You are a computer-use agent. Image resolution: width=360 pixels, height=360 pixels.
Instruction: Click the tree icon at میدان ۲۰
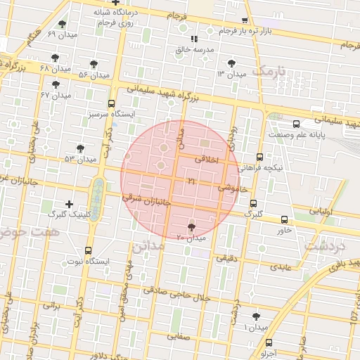point(192,226)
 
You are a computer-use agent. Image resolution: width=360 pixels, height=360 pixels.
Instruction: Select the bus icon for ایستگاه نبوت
point(89,250)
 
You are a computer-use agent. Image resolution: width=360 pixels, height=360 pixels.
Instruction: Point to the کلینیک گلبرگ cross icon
point(69,204)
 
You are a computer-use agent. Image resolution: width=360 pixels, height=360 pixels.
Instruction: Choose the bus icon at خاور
point(284,219)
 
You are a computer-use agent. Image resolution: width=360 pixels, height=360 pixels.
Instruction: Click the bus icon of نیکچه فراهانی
point(260,157)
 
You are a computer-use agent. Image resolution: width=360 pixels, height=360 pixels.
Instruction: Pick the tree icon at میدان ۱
point(255,318)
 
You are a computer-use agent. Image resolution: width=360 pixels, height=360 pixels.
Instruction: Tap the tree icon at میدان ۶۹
point(63,24)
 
